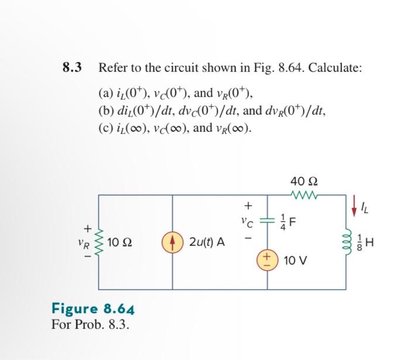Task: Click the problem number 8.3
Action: pos(71,67)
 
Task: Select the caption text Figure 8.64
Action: pos(93,308)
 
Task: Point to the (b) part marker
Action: pos(105,110)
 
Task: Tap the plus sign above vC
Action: pos(248,205)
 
